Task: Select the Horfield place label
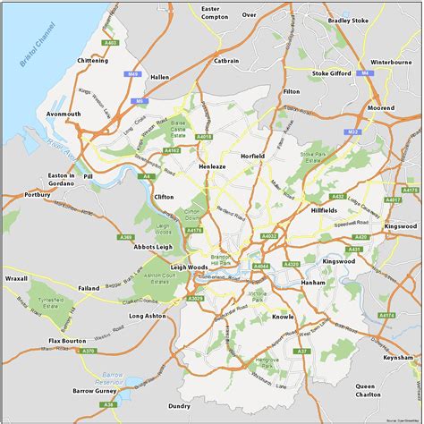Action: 253,156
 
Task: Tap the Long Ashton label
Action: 148,316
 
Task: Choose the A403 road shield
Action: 110,42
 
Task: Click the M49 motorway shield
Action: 135,74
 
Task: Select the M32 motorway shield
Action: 353,131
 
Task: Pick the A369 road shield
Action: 125,237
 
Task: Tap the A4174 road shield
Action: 386,315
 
